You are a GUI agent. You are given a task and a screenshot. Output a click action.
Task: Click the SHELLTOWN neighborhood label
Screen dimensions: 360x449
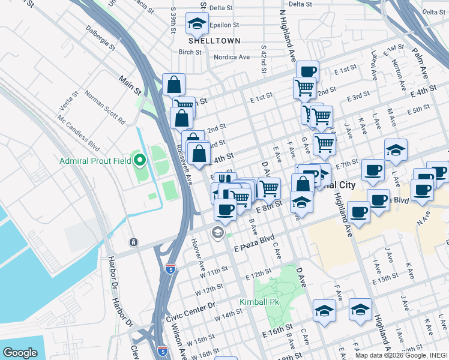click(x=214, y=41)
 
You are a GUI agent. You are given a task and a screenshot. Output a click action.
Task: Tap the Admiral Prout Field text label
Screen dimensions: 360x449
click(x=97, y=161)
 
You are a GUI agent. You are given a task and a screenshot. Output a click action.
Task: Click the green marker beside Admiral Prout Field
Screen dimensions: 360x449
click(x=140, y=160)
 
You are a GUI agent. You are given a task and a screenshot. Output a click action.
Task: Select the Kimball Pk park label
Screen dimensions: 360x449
click(x=260, y=301)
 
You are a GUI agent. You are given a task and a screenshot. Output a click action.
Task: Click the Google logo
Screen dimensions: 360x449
click(x=20, y=353)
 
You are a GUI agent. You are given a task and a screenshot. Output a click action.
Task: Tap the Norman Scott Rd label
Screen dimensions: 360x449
click(x=104, y=108)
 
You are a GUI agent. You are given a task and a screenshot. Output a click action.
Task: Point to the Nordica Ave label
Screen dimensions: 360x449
click(x=232, y=58)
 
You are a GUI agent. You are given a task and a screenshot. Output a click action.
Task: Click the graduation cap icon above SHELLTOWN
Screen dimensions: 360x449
click(x=196, y=23)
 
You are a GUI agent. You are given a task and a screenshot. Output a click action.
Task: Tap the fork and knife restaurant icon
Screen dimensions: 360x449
click(x=224, y=178)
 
